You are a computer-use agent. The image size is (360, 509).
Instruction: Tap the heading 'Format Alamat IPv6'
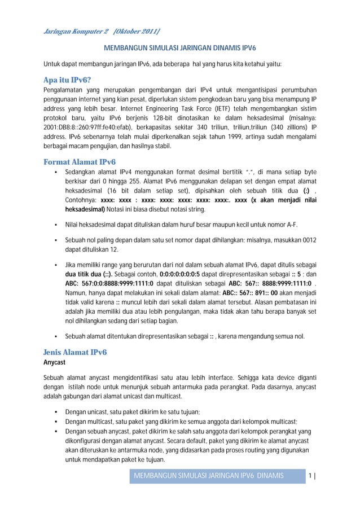[x=80, y=162]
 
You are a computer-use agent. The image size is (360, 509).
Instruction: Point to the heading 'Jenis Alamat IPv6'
[x=75, y=352]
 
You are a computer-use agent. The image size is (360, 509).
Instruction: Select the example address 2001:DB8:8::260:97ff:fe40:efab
[x=89, y=127]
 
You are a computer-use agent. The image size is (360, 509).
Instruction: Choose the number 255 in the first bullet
[x=150, y=182]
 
